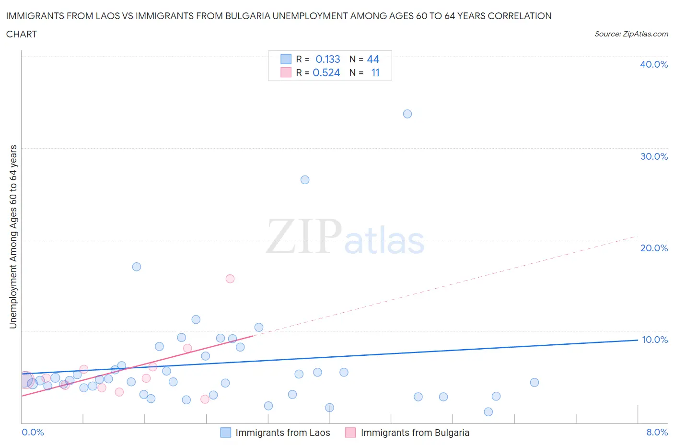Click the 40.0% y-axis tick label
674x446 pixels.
(x=653, y=64)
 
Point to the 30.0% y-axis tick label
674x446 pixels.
(x=653, y=156)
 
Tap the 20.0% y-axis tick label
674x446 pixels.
(x=653, y=248)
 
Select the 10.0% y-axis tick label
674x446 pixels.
(x=654, y=340)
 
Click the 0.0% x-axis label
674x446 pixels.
(x=33, y=432)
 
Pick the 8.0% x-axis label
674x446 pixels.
(x=657, y=432)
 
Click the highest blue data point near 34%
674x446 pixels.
(x=407, y=114)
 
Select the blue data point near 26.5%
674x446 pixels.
(x=305, y=180)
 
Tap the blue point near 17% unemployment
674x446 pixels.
(x=137, y=267)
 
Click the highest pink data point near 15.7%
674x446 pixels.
(x=230, y=279)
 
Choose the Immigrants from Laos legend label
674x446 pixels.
(x=282, y=433)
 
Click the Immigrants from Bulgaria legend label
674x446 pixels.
(x=415, y=433)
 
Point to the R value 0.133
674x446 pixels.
(x=327, y=59)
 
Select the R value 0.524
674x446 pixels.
(x=326, y=72)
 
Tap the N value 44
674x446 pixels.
(x=373, y=59)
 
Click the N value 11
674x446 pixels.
(x=375, y=72)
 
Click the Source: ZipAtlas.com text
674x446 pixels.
(x=631, y=34)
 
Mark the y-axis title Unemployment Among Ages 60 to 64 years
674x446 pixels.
(x=13, y=237)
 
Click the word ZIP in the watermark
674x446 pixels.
(x=303, y=236)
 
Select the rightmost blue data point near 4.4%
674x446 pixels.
(x=535, y=382)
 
